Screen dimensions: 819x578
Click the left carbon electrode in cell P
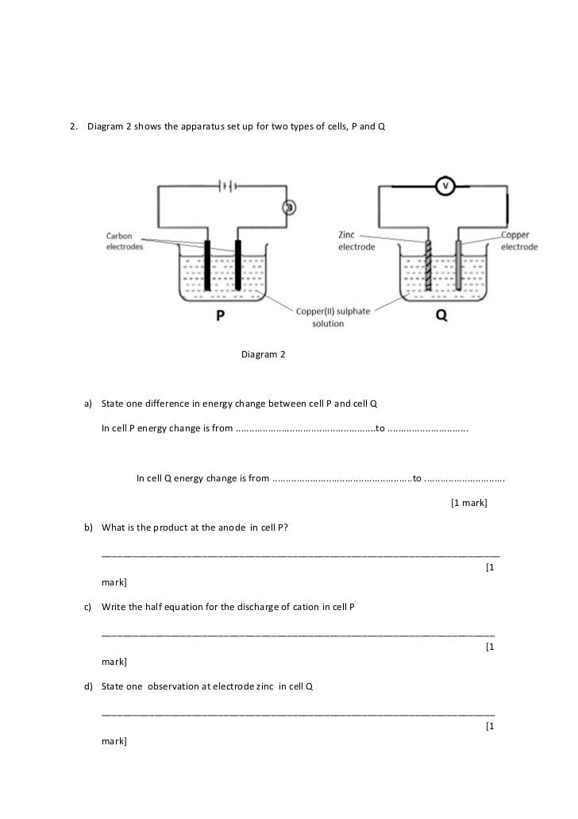coord(208,266)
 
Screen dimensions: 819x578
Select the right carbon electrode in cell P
coord(237,266)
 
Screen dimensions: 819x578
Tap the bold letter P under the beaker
coord(222,315)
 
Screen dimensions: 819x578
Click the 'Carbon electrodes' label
coord(125,241)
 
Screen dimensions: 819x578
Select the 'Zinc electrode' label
coord(357,241)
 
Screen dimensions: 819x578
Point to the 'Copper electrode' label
coord(519,241)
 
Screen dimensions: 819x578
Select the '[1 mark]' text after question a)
coord(468,503)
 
